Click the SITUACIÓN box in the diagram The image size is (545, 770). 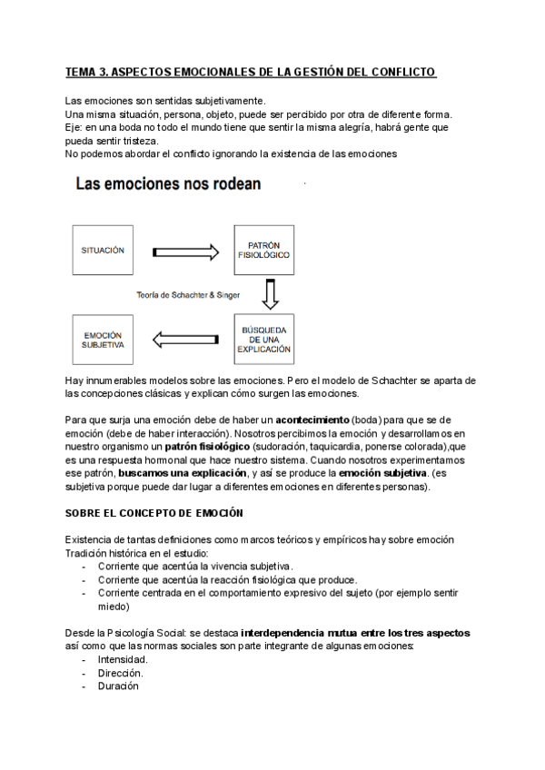[x=103, y=251]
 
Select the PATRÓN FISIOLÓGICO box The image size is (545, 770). [x=263, y=251]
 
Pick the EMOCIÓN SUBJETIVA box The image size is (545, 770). [x=103, y=340]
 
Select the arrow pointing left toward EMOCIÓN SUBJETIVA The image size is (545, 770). [x=186, y=340]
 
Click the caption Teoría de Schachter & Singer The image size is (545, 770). [x=189, y=295]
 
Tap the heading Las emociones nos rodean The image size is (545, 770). [x=168, y=184]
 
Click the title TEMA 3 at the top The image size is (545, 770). [x=251, y=72]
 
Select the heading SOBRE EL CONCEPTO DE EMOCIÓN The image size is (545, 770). [x=154, y=513]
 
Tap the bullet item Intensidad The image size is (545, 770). [x=123, y=659]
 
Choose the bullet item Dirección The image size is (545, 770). [x=120, y=673]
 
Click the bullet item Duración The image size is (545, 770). [x=118, y=686]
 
